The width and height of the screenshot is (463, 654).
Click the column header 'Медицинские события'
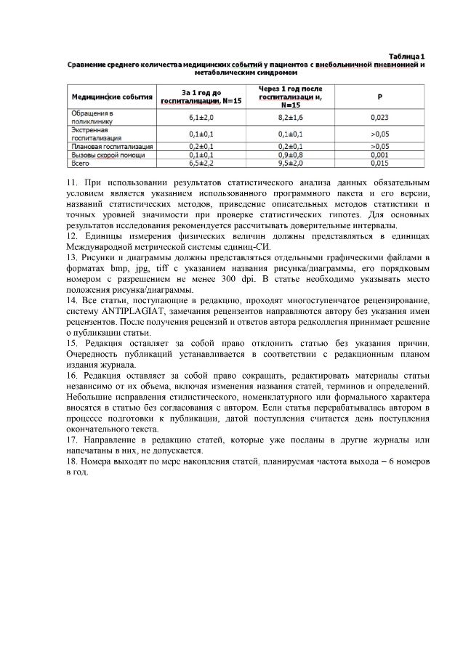pyautogui.click(x=111, y=95)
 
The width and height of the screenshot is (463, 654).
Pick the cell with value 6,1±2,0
pyautogui.click(x=201, y=117)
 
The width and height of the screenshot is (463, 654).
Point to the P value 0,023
pyautogui.click(x=379, y=117)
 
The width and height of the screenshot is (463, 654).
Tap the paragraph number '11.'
pyautogui.click(x=71, y=182)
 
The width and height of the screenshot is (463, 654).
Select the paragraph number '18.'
pyautogui.click(x=71, y=462)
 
